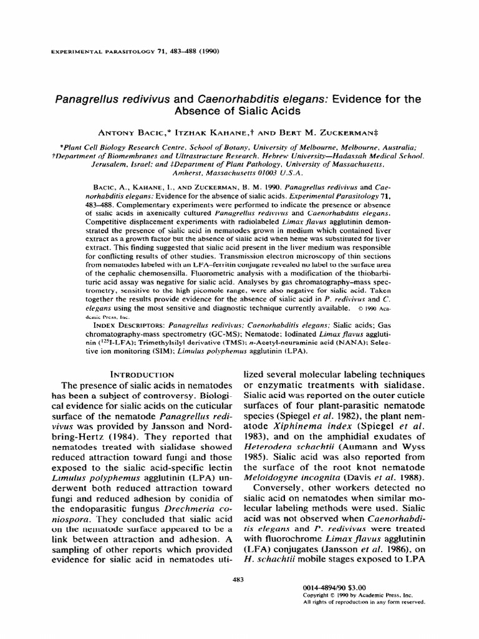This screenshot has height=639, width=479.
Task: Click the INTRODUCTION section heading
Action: [x=142, y=374]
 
